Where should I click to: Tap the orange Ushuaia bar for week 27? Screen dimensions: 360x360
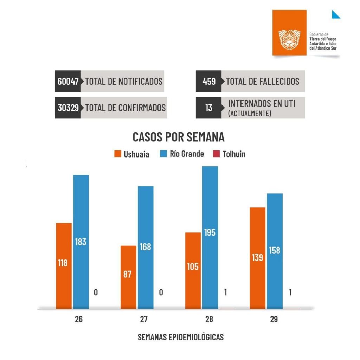128,277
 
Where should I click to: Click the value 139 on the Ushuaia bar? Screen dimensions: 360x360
257,257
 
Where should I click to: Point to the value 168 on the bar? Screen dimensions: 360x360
145,247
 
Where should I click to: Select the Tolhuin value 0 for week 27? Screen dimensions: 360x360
161,292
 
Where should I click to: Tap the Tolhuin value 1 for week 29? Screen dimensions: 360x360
290,292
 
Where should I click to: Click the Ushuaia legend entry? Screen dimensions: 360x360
132,154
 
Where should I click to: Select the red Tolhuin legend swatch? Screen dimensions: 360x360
217,154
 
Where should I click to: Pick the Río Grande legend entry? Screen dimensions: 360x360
182,154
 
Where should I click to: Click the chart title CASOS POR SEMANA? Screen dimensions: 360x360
178,137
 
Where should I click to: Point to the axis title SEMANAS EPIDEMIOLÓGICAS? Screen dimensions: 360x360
180,337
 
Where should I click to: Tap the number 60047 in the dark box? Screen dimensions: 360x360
68,81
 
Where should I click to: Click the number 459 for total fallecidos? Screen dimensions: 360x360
209,81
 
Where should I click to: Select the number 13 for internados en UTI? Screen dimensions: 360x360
209,108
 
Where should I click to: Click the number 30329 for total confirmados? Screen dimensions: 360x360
68,108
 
